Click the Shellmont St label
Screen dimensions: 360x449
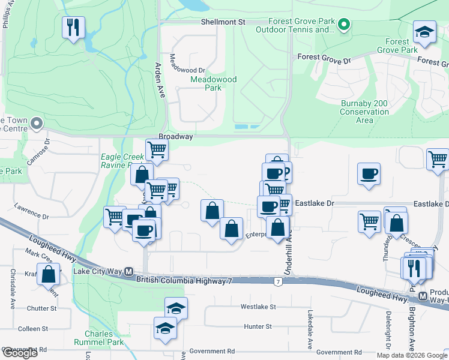[222, 22]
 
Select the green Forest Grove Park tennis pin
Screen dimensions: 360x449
[343, 25]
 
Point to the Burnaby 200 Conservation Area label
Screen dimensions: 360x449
[364, 112]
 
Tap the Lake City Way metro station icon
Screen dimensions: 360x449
[128, 271]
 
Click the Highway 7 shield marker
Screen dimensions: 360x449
[277, 281]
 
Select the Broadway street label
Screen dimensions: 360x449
[176, 137]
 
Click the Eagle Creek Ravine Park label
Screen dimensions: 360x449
[122, 161]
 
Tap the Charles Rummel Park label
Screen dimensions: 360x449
[98, 338]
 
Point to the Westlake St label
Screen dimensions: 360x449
[258, 307]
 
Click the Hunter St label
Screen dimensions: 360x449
[258, 326]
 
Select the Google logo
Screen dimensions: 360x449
[20, 353]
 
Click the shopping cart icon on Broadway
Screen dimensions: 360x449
[157, 150]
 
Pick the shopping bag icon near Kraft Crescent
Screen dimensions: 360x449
[48, 274]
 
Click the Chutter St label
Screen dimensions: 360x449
[41, 308]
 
